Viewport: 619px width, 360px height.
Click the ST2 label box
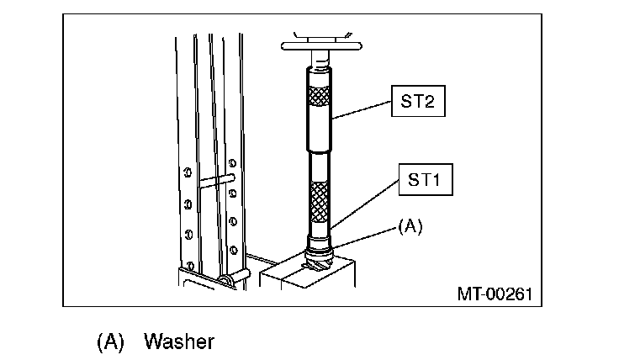(415, 104)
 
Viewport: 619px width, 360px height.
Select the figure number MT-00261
(494, 294)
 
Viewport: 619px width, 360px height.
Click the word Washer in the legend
(179, 341)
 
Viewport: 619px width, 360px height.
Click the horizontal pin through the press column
(217, 179)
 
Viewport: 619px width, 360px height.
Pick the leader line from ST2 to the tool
(362, 113)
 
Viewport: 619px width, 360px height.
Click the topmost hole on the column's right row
(231, 161)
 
